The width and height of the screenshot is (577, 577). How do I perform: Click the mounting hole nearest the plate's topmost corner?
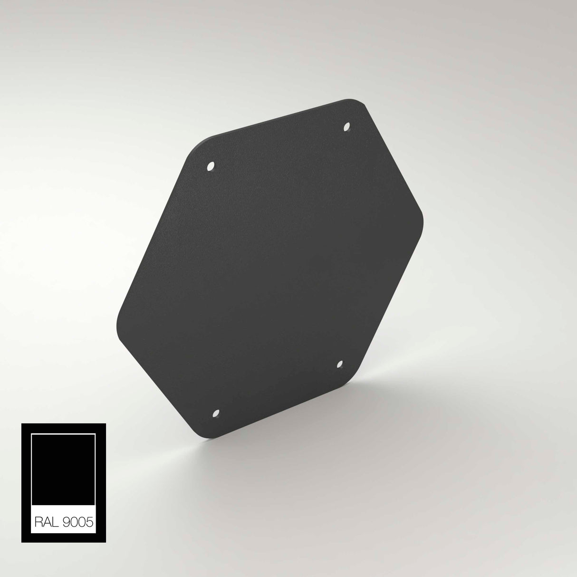[x=346, y=127]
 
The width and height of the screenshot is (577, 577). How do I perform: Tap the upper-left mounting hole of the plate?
[x=211, y=167]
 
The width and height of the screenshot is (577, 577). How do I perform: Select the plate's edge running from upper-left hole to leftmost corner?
[x=152, y=233]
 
